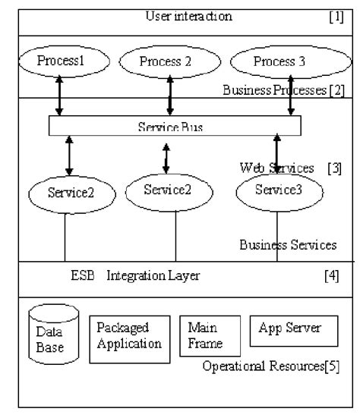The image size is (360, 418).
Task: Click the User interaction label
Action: (x=188, y=16)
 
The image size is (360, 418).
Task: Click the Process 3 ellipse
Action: (x=279, y=61)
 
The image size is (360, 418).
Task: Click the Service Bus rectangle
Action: (x=175, y=125)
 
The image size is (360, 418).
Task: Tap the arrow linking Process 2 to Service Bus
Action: (x=170, y=96)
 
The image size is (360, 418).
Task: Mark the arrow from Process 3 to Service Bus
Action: (x=290, y=96)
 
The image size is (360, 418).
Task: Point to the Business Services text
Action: (x=288, y=245)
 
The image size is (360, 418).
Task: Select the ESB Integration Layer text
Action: (x=134, y=276)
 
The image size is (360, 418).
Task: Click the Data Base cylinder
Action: (x=52, y=334)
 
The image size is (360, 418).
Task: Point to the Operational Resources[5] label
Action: (x=271, y=367)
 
